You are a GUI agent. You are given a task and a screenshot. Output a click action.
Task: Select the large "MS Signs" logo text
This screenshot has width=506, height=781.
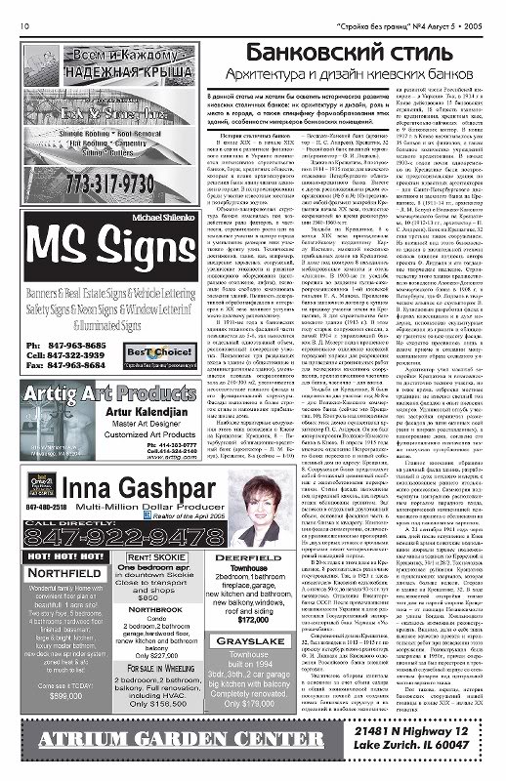click(103, 237)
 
